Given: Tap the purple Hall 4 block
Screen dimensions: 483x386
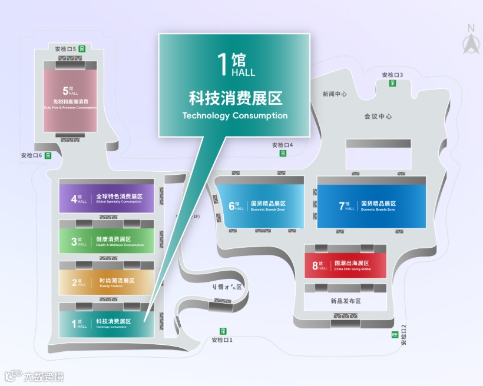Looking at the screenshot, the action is tap(107, 198).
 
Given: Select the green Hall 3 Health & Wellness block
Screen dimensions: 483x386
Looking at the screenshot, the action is tap(107, 241).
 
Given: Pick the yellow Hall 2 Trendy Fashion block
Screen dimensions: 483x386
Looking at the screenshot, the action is tap(107, 282).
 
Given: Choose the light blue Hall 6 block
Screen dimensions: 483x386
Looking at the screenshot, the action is tap(261, 205).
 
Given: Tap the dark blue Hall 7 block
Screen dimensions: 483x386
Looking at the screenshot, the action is tap(370, 205).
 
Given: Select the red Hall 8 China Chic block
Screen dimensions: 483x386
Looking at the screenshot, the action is tap(345, 265).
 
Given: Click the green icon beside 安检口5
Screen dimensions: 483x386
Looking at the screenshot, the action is tap(82, 49).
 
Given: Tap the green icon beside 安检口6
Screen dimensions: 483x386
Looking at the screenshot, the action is tap(48, 155).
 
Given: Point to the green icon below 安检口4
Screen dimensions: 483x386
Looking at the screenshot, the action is tap(283, 153).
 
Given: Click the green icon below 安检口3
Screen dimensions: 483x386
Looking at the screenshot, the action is tap(392, 83).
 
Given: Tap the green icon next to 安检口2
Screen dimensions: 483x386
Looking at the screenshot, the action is tap(395, 335).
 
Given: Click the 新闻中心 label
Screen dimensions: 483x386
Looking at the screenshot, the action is tap(335, 94).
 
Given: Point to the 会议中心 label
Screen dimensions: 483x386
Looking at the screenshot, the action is tap(378, 117).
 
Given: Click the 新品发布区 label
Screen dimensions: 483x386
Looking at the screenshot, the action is tap(345, 301).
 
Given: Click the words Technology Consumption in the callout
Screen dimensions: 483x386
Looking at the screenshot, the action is tap(235, 115).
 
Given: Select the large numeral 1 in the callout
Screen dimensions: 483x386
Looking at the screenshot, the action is tap(223, 64).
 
